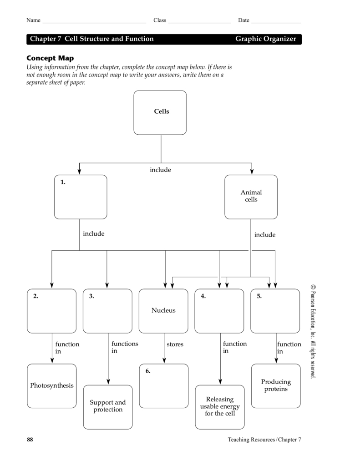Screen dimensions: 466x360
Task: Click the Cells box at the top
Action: coord(160,112)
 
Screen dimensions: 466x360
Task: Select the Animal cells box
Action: coord(251,197)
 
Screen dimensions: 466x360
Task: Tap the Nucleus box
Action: coord(163,311)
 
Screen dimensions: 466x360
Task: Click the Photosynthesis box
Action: coord(51,386)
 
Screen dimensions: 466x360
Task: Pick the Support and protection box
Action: coord(108,407)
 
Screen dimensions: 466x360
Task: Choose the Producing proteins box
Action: coord(276,385)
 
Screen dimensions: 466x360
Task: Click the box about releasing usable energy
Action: coord(220,407)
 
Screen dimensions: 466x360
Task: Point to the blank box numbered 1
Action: coord(81,197)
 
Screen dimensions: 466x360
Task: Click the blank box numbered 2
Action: coord(51,311)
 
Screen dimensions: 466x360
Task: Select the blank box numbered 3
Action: coord(108,311)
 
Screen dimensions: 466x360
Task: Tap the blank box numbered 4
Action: coord(219,311)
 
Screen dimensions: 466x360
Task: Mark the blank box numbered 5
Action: coord(275,311)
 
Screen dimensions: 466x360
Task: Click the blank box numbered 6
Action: coord(163,386)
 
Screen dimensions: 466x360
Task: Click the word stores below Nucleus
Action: coord(175,344)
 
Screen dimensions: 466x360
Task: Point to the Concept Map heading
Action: coord(50,58)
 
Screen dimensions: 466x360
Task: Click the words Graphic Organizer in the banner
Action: coord(265,39)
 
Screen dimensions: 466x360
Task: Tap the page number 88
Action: coord(30,440)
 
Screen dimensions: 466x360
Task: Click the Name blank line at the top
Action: coord(94,21)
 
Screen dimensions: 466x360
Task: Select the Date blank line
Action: coord(276,21)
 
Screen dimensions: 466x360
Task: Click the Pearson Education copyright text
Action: coord(313,332)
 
